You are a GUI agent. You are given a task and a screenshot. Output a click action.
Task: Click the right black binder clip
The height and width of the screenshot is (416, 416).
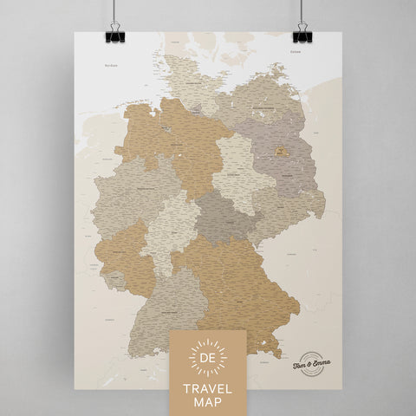coord(302,34)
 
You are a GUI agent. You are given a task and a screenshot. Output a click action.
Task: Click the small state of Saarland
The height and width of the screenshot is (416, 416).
coord(111,279)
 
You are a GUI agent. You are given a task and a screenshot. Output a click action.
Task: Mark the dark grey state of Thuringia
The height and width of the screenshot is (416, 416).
coord(224,217)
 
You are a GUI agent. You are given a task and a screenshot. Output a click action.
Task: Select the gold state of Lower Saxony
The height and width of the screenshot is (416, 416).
coord(178,143)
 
